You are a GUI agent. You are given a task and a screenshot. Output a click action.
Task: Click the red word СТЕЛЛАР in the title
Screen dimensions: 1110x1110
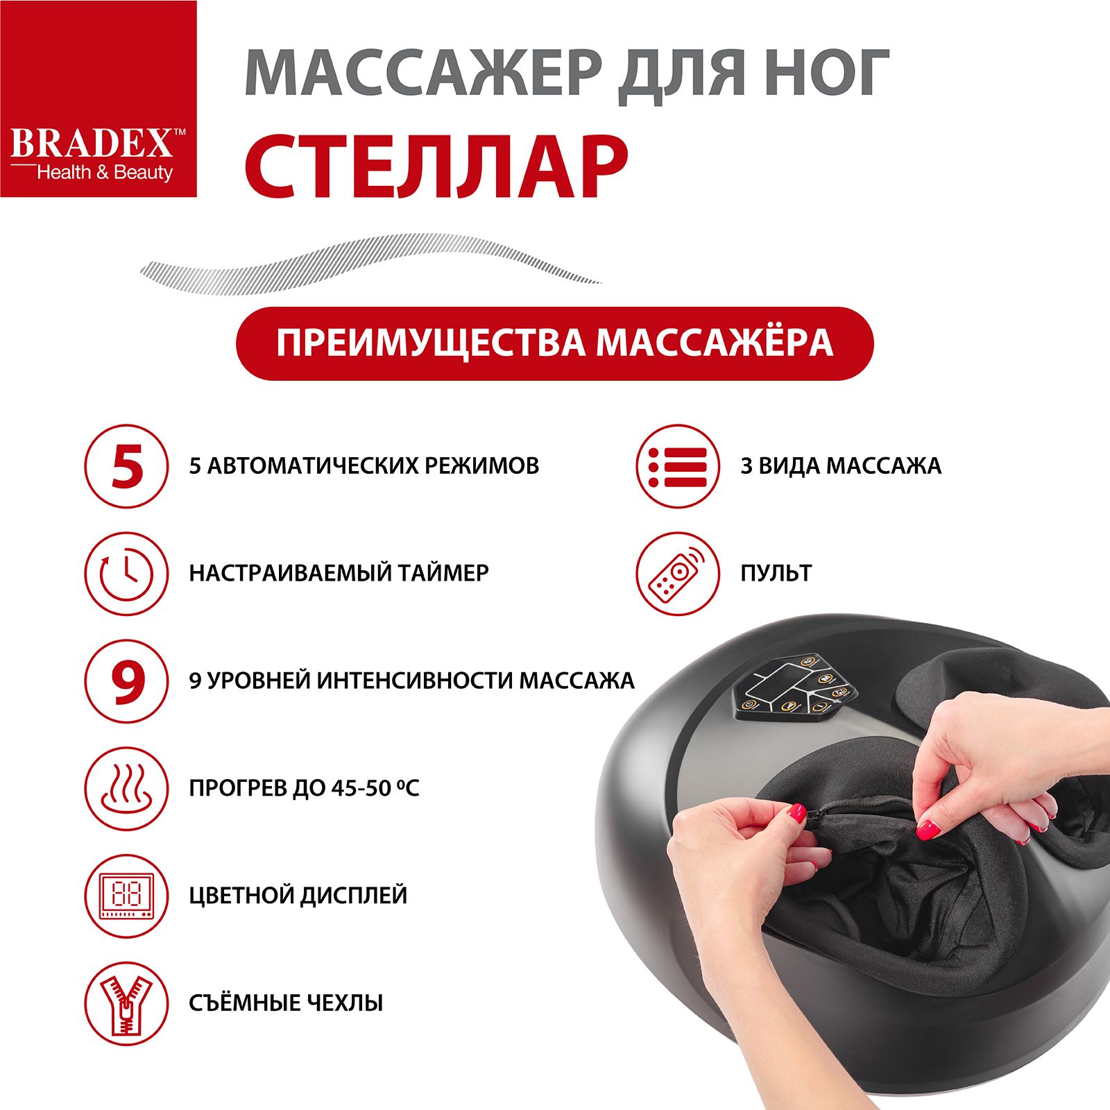pos(436,164)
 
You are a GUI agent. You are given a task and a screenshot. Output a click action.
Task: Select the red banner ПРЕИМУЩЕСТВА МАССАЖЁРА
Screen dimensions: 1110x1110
pos(554,343)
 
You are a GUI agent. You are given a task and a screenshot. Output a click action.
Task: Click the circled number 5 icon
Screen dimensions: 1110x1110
pos(126,466)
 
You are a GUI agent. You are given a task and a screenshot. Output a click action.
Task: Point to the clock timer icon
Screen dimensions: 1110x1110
pos(126,574)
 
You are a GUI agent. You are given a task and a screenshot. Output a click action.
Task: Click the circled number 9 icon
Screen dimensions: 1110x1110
pos(126,681)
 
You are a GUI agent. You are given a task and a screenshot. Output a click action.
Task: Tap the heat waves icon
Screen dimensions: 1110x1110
pos(126,789)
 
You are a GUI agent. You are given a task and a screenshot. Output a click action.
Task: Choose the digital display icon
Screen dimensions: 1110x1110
pos(126,896)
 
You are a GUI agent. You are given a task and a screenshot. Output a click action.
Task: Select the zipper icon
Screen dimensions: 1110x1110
pos(126,1004)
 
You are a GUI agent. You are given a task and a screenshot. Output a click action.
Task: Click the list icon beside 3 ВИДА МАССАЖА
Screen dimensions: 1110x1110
pos(678,466)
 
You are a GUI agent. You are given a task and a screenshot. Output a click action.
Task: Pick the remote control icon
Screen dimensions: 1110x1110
pos(678,574)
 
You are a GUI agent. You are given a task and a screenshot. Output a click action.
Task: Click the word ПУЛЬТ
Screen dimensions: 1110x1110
pos(776,573)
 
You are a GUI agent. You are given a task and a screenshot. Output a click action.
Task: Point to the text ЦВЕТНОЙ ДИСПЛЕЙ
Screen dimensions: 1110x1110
pos(298,896)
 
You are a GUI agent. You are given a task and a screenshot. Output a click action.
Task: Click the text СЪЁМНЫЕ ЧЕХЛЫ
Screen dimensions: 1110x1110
pos(286,1002)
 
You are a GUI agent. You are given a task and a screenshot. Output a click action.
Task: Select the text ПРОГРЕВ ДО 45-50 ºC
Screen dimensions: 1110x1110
pos(304,788)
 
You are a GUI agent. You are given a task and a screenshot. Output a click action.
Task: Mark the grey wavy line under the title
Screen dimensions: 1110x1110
pos(370,263)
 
